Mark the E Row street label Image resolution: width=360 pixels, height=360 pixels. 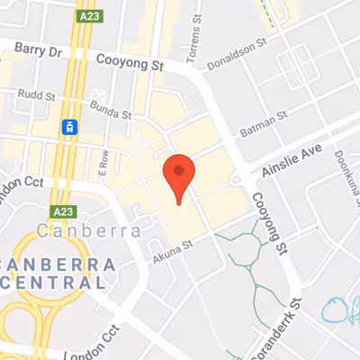pos(103,162)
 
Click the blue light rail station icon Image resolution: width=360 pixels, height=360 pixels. pos(68,128)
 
